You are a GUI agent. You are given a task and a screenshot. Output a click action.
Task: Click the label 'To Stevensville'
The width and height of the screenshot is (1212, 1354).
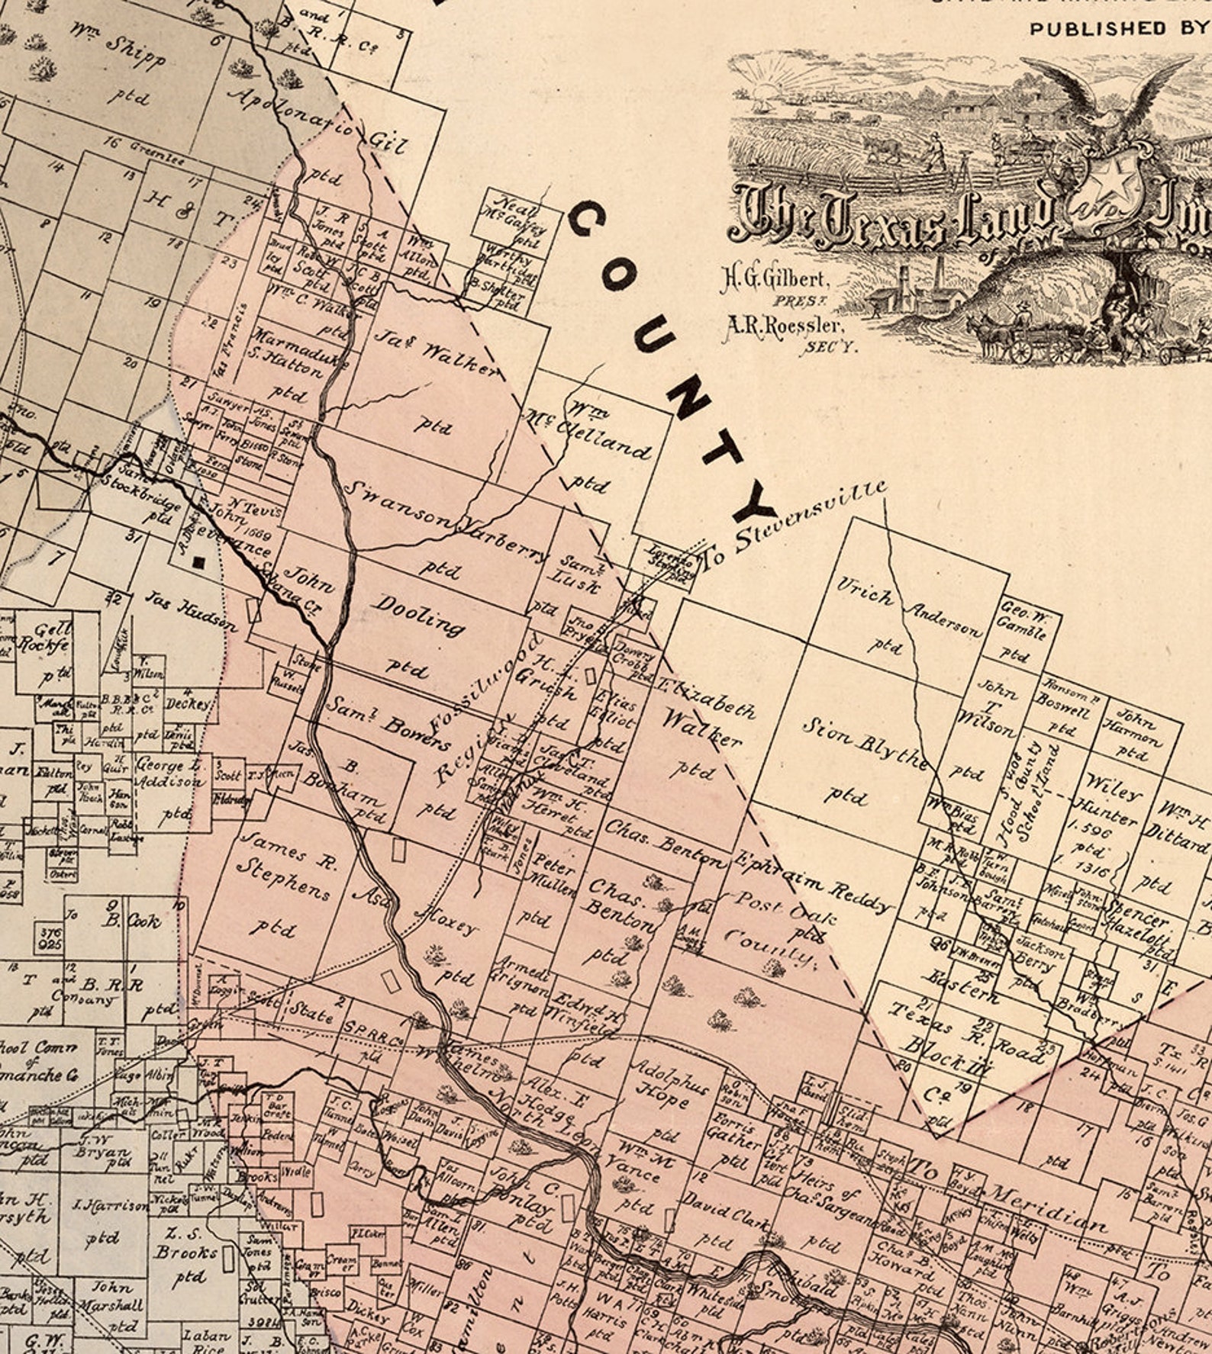[794, 526]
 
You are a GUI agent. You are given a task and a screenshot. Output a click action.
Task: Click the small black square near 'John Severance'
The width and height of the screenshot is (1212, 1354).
[199, 563]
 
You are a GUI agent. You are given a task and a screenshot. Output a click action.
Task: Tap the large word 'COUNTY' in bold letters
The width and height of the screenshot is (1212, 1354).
[672, 359]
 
